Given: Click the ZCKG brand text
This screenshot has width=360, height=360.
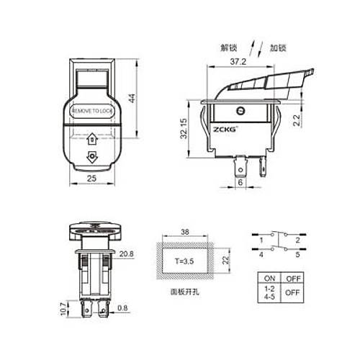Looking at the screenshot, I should [223, 130].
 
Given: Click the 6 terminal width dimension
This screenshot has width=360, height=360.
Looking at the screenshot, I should [240, 183].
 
